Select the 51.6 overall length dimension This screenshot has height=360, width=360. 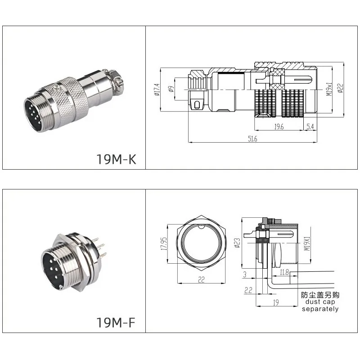pyautogui.click(x=252, y=139)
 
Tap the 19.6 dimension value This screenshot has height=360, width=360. pyautogui.click(x=279, y=127)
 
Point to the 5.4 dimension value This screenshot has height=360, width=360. pyautogui.click(x=310, y=127)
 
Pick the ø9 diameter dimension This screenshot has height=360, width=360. pyautogui.click(x=171, y=89)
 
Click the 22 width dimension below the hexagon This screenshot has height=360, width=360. pyautogui.click(x=201, y=280)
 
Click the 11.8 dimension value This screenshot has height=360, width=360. pyautogui.click(x=284, y=272)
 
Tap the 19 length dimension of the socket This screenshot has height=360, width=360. pyautogui.click(x=277, y=302)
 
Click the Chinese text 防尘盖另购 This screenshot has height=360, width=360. pyautogui.click(x=319, y=295)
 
